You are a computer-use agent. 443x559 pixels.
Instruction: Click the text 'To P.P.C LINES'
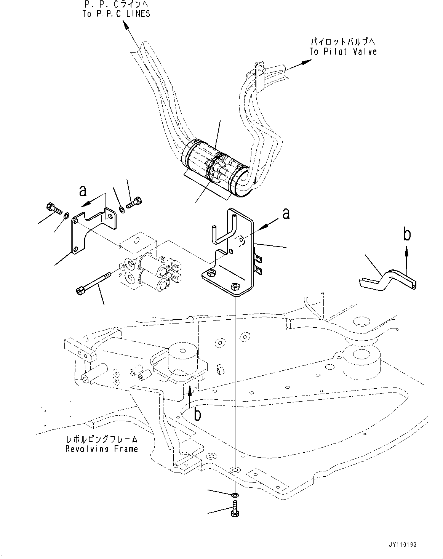point(116,14)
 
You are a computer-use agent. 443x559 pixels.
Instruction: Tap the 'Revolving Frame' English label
point(101,449)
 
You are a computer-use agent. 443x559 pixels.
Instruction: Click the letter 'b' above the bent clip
point(407,235)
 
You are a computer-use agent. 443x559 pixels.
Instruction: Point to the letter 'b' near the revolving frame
point(197,414)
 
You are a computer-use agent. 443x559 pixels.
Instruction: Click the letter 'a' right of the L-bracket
point(286,214)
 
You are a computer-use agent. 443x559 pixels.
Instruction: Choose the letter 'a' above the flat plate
point(82,190)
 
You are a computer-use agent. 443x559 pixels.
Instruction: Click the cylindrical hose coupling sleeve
point(213,170)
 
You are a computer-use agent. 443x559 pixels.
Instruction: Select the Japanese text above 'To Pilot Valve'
point(343,41)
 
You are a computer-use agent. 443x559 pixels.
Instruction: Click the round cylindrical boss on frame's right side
point(361,360)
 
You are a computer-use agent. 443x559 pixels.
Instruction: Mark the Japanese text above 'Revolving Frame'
point(101,439)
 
